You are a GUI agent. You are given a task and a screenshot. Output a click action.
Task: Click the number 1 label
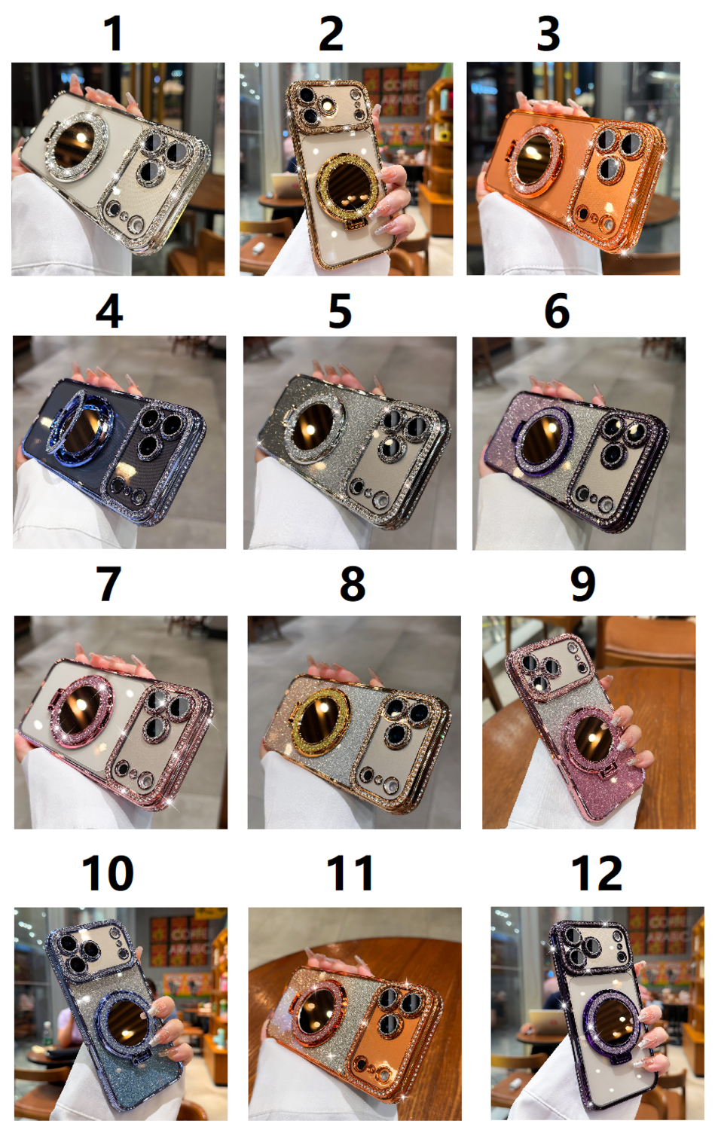coord(114,33)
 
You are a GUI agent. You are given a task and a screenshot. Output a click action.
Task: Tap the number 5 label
coord(340,311)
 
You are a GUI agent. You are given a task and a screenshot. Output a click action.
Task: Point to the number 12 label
coord(597,873)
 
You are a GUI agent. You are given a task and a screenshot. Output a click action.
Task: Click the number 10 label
coord(108,873)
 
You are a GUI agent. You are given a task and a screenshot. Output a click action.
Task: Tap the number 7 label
coord(108,584)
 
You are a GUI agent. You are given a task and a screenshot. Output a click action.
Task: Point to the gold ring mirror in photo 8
coord(321,722)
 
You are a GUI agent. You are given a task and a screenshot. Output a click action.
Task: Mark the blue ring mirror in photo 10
coord(124,1020)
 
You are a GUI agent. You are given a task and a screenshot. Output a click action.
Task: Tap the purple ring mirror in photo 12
coord(612,1018)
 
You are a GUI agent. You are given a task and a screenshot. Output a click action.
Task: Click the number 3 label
coord(548,33)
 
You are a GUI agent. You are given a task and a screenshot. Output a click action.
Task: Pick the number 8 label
coord(352,584)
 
